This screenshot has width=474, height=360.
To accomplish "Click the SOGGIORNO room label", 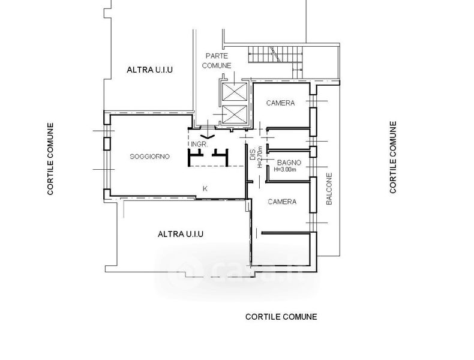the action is [x=149, y=157].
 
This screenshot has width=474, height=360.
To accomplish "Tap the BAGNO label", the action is [x=289, y=163].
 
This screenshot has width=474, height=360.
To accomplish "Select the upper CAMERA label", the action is [x=280, y=103].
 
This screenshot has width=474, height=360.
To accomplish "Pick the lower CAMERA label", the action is [x=282, y=202].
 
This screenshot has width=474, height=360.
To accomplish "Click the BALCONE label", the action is [x=329, y=188].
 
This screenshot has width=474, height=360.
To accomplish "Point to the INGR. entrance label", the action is [x=199, y=145].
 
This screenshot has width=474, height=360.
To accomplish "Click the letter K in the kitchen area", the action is [x=205, y=189].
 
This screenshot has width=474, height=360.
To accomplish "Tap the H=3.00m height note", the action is [x=285, y=170].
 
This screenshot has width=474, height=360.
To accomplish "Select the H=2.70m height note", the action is [x=260, y=157].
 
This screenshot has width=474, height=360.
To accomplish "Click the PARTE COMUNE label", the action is [x=217, y=61].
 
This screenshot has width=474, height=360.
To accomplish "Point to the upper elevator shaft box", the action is [x=234, y=92].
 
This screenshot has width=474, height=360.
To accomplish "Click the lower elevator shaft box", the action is [x=234, y=115].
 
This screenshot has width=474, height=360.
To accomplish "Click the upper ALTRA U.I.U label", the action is [x=149, y=70].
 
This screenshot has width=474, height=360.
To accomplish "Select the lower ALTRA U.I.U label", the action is [x=181, y=234].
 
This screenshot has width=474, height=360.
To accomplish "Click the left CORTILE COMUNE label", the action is [x=50, y=158].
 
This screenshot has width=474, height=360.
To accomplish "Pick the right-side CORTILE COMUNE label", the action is [x=392, y=157].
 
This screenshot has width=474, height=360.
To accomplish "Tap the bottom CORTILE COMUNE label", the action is [x=281, y=317].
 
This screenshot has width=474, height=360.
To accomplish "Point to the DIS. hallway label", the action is [x=253, y=154].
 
